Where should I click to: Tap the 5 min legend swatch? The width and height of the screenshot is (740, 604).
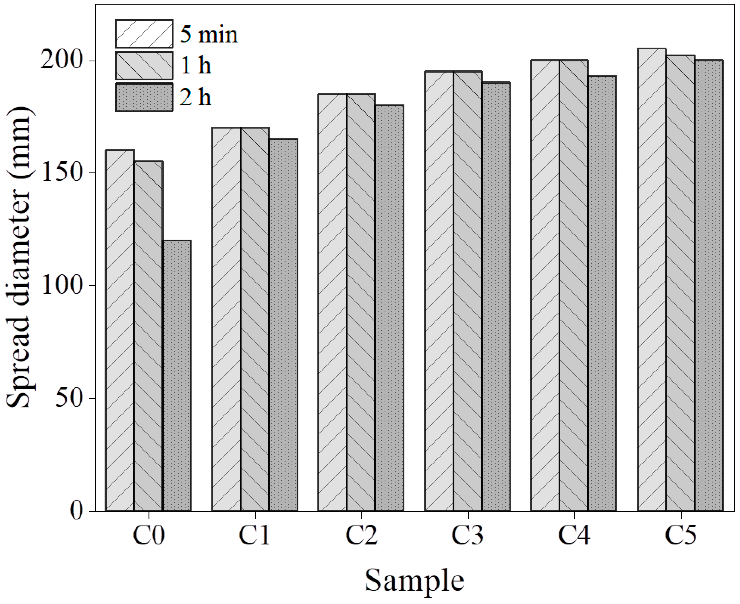coord(144,34)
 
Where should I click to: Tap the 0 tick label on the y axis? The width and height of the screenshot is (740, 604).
coord(77,511)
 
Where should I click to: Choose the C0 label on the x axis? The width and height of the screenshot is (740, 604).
coord(149,535)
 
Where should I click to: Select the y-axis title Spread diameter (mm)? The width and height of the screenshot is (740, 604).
coord(19,257)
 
